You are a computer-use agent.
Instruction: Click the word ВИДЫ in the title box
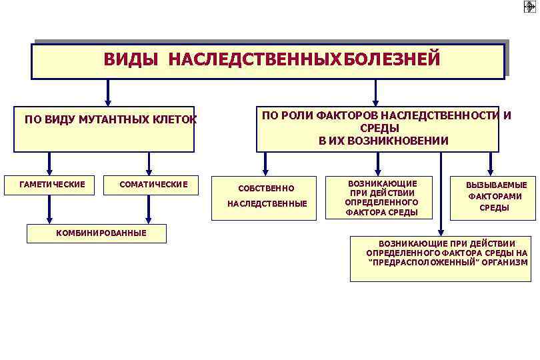(131, 60)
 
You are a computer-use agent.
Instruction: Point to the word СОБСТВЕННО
(266, 189)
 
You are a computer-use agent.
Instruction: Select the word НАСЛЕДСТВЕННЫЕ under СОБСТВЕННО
(267, 203)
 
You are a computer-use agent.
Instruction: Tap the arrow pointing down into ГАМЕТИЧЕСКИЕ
(48, 164)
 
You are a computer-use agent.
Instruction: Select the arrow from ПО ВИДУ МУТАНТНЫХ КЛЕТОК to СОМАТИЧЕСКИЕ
(149, 164)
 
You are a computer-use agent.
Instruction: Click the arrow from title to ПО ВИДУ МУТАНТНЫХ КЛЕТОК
(108, 93)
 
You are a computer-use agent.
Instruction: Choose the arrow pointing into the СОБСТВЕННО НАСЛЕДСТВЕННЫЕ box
(266, 164)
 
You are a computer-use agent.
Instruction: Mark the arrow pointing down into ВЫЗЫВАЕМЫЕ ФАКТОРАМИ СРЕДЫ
(491, 164)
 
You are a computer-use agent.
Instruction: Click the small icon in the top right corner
(529, 7)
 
